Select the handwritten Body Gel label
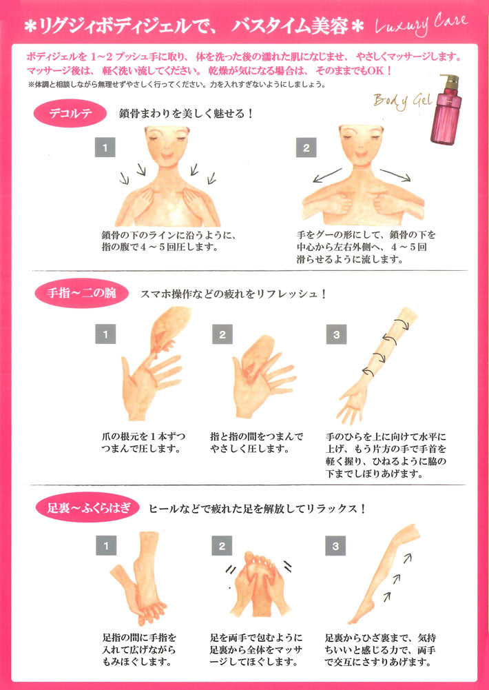pos(402,101)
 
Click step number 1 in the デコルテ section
pos(105,148)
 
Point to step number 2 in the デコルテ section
pos(305,148)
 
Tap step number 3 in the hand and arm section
pos(336,336)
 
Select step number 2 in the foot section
pos(222,547)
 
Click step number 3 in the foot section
pos(336,547)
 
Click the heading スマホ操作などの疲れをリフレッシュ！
pos(233,294)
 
